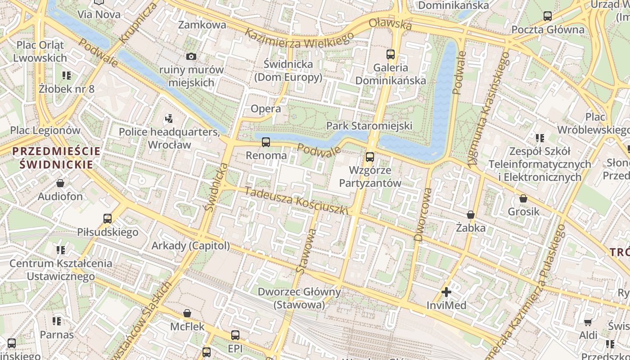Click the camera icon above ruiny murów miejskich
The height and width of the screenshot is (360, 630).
191,56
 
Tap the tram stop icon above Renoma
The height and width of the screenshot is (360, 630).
266,142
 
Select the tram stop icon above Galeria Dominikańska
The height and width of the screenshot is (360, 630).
391,54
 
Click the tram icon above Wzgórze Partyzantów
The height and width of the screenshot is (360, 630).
370,157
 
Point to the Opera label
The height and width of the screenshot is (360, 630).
265,108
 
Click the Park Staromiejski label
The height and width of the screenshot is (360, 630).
369,126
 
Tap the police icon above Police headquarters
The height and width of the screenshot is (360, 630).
169,119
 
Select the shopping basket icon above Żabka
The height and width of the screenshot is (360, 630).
471,215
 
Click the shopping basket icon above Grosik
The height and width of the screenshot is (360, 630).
523,198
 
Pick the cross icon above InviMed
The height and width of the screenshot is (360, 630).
446,292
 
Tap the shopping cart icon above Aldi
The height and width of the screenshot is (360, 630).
588,322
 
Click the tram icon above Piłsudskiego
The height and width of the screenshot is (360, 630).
108,219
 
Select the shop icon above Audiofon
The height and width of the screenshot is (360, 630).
60,183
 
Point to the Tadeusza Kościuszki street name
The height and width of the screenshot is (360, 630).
297,200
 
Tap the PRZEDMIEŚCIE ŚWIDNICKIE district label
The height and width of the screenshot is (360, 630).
56,157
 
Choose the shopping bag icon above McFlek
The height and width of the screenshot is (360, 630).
187,313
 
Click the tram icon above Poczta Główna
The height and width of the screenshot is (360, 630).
548,16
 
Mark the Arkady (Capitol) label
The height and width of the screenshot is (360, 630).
190,246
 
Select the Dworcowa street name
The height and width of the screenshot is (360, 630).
423,215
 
